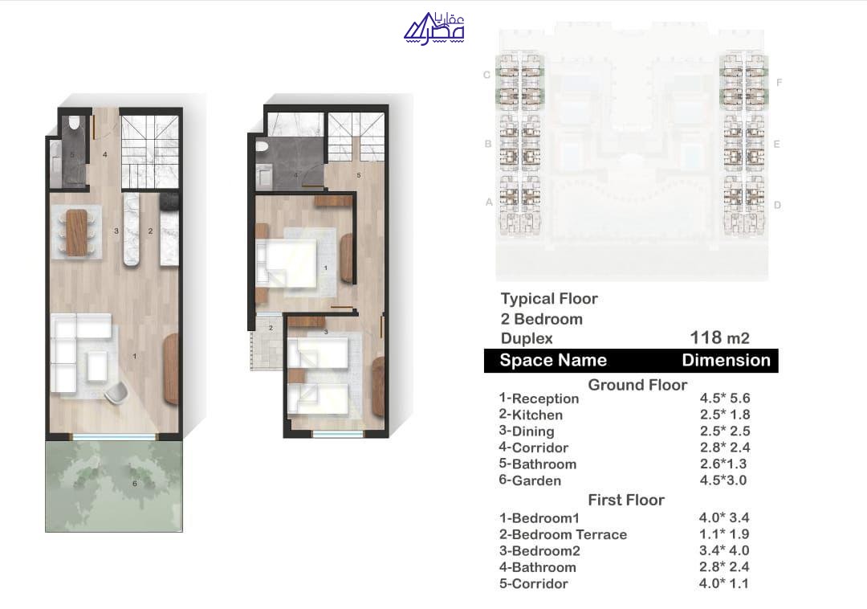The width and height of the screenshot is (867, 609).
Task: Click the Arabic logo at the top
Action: [x=434, y=28]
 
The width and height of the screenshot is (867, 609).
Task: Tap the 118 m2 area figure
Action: [x=719, y=337]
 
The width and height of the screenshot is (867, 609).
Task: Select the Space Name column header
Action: [x=553, y=360]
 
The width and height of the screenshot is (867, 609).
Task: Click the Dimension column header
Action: [x=726, y=360]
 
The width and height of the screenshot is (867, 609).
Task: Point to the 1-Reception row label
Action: [x=539, y=399]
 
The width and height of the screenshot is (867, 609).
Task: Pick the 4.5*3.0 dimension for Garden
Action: [x=723, y=480]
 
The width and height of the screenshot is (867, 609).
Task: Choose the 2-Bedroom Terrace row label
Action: [x=563, y=534]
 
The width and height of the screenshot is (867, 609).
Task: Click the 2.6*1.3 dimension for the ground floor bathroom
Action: [x=723, y=464]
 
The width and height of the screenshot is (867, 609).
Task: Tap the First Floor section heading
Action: [x=626, y=500]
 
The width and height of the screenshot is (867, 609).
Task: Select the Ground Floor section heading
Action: [x=637, y=384]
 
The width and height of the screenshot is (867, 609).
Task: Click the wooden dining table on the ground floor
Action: [x=76, y=232]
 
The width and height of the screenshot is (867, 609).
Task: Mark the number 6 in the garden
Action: [x=134, y=484]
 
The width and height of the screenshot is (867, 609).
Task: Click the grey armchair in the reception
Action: [x=116, y=393]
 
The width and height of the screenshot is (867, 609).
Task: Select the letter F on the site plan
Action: [x=779, y=83]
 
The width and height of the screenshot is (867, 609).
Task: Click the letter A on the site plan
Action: [x=489, y=202]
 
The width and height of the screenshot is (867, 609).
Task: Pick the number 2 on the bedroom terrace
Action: [x=271, y=328]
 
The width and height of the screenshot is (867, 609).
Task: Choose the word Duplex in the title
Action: [x=527, y=338]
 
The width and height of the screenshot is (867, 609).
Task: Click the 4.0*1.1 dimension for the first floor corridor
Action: [x=723, y=583]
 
